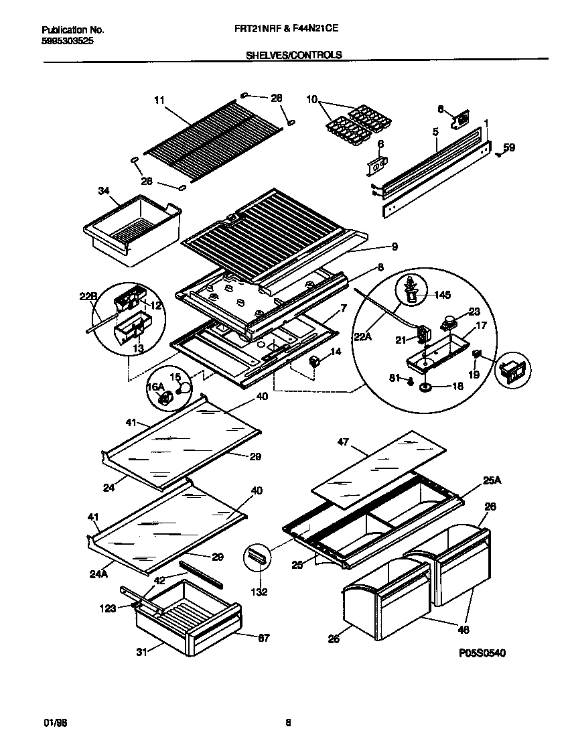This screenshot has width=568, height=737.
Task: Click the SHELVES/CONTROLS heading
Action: point(295,55)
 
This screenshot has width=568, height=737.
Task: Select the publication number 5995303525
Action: point(67,41)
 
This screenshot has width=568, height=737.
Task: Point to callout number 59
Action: point(509,148)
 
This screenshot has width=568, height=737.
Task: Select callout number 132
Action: point(259,592)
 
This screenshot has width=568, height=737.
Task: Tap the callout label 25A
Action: point(492,479)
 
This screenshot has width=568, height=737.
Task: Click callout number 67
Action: point(263,638)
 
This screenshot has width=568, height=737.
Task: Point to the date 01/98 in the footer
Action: point(52,722)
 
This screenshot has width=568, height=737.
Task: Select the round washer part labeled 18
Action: point(425,387)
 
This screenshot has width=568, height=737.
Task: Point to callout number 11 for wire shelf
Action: point(158,100)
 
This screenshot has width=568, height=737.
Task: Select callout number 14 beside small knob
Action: point(336,351)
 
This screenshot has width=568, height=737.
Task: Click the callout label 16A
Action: point(155,387)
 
